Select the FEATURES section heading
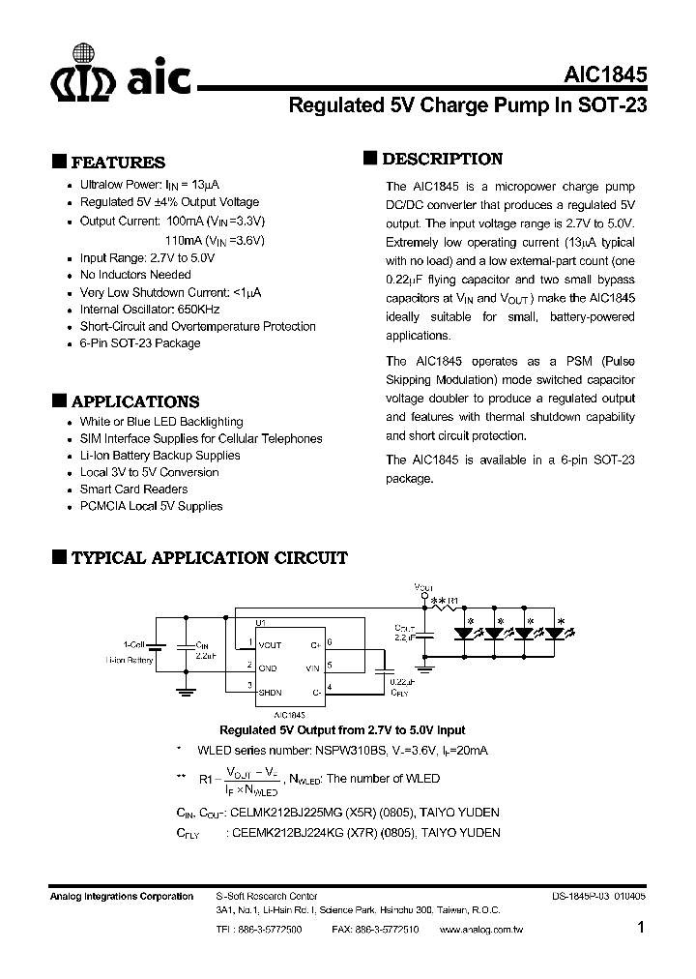[x=118, y=163]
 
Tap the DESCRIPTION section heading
[x=442, y=159]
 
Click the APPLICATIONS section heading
[x=135, y=401]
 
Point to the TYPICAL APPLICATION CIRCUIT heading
[x=209, y=557]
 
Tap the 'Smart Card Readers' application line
[x=133, y=489]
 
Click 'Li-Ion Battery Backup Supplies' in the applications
[x=159, y=456]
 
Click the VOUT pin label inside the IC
[x=271, y=643]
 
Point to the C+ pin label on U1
[x=315, y=643]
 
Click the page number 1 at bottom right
[x=642, y=928]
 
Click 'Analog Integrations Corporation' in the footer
[x=122, y=897]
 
